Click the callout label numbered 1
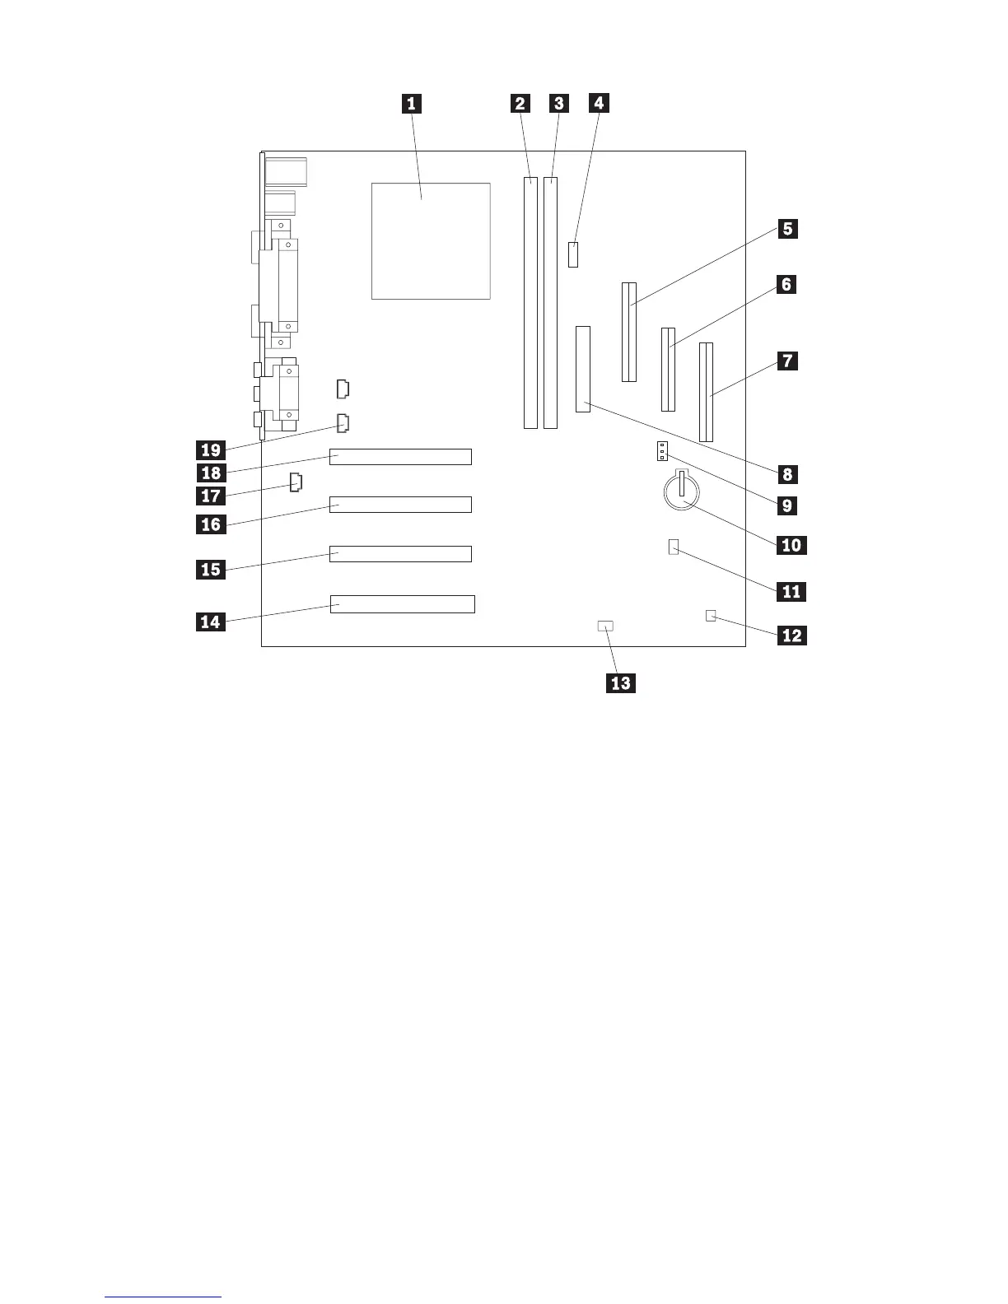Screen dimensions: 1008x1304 point(411,104)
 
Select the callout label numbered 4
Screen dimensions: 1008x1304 point(599,104)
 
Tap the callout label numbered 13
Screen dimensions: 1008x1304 point(621,683)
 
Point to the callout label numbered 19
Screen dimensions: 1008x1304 point(212,449)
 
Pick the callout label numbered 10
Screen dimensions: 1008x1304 point(790,545)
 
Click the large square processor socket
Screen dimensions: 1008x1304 point(431,241)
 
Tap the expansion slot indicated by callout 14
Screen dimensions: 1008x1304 point(402,604)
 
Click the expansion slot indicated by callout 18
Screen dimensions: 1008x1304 point(400,456)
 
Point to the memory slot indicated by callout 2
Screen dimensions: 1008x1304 point(530,303)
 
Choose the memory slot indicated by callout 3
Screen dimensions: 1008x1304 point(551,303)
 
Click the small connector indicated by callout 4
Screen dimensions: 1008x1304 point(574,254)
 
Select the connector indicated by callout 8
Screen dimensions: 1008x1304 point(584,370)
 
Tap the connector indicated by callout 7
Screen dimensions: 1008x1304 point(707,392)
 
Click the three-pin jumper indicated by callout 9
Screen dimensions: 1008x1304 point(661,451)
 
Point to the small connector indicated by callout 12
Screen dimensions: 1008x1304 point(712,615)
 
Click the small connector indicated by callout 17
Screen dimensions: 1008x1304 point(296,482)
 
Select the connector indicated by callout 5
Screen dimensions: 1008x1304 point(629,332)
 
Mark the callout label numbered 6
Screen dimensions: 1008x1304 point(786,285)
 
